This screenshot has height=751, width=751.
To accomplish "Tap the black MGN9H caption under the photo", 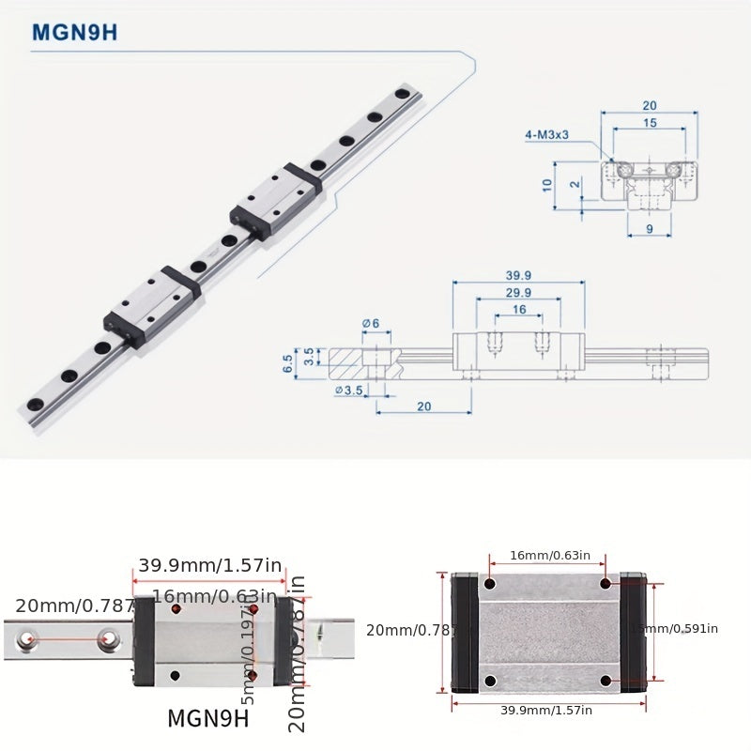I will pyautogui.click(x=207, y=718).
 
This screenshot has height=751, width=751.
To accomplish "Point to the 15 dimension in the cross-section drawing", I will pyautogui.click(x=650, y=123).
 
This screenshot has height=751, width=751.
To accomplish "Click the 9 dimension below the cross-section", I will pyautogui.click(x=650, y=228).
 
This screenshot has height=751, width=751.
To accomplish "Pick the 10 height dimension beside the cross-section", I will pyautogui.click(x=546, y=185).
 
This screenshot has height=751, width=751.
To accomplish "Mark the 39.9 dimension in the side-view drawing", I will pyautogui.click(x=518, y=275).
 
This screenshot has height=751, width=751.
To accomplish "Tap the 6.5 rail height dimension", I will pyautogui.click(x=287, y=363).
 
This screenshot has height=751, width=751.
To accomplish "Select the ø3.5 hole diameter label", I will pyautogui.click(x=351, y=391).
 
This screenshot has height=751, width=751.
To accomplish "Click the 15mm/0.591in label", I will pyautogui.click(x=674, y=629).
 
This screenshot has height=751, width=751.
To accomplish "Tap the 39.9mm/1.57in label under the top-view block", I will pyautogui.click(x=546, y=710).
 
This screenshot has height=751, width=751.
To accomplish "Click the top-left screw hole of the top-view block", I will pyautogui.click(x=489, y=584).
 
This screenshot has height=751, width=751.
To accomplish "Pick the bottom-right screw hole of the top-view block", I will pyautogui.click(x=605, y=681).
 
